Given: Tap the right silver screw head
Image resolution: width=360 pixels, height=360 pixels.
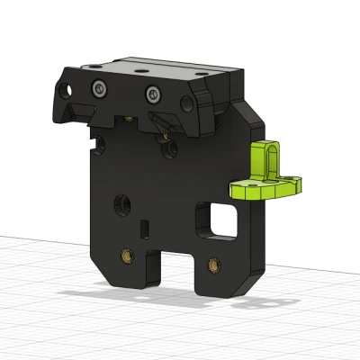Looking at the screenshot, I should (155, 92).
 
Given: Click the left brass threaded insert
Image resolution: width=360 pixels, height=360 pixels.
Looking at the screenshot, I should (128, 257).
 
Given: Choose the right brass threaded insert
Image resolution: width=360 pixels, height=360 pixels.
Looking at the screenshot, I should (214, 265).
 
